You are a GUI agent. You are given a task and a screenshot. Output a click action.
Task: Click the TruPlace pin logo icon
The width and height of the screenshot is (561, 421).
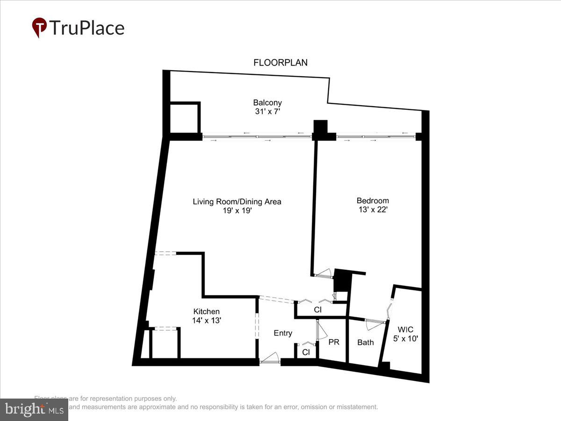pyautogui.click(x=39, y=28)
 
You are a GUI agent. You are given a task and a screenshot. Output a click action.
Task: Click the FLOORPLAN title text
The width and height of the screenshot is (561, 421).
pyautogui.click(x=280, y=63)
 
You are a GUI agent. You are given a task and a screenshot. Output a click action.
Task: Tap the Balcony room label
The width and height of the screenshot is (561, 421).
pyautogui.click(x=267, y=102)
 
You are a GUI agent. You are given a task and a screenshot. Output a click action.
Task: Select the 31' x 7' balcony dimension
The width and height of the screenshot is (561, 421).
pyautogui.click(x=267, y=112)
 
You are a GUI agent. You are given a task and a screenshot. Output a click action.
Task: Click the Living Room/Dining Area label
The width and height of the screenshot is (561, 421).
pyautogui.click(x=237, y=202)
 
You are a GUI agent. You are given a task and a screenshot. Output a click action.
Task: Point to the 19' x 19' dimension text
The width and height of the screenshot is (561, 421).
pyautogui.click(x=237, y=210)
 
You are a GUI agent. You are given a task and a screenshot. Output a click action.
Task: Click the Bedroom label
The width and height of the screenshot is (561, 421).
pyautogui.click(x=373, y=201)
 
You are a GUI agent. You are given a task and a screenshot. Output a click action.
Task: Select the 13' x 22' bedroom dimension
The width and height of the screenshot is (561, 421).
pyautogui.click(x=373, y=210)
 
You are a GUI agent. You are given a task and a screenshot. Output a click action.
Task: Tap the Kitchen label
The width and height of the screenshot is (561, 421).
pyautogui.click(x=207, y=312)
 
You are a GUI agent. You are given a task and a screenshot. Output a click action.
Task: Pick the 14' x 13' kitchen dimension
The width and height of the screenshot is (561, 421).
pyautogui.click(x=207, y=320)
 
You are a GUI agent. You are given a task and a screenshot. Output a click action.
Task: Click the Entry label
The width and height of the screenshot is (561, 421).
pyautogui.click(x=283, y=333)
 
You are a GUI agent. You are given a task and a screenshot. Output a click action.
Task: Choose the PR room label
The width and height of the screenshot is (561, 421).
pyautogui.click(x=334, y=342)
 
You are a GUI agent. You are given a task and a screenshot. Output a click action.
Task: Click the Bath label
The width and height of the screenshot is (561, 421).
pyautogui.click(x=366, y=342)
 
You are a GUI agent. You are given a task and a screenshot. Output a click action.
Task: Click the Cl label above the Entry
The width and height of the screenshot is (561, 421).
pyautogui.click(x=318, y=310)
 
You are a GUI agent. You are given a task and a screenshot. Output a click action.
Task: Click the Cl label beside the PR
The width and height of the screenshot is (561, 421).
pyautogui.click(x=306, y=352)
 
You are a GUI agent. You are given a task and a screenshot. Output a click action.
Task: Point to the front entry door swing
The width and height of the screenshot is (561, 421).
pyautogui.click(x=270, y=358)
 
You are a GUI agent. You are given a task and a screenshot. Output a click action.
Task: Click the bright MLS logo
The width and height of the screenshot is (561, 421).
pyautogui.click(x=34, y=410)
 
